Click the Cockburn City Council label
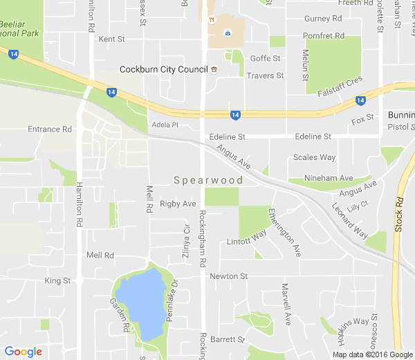click(164, 69)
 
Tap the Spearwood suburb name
click(207, 181)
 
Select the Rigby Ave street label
click(178, 204)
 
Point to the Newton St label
click(228, 276)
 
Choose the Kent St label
click(111, 39)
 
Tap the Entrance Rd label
click(49, 129)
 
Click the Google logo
click(22, 352)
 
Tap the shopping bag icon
click(227, 33)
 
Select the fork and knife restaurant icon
click(211, 19)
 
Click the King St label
click(57, 281)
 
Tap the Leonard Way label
click(349, 222)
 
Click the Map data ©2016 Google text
click(372, 354)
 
